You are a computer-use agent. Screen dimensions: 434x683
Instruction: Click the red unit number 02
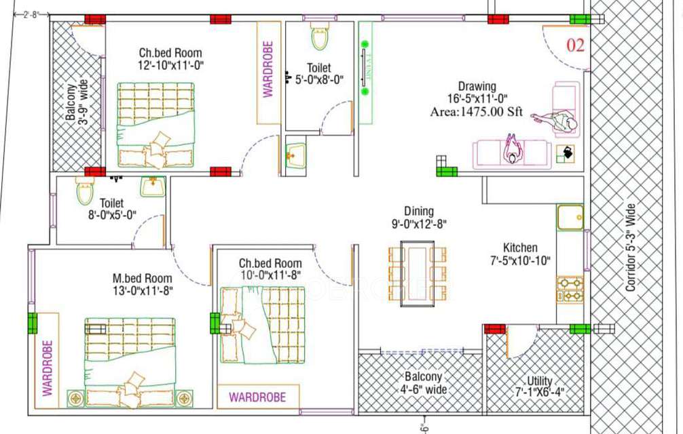coord(575,45)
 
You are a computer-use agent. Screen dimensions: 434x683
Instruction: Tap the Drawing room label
coord(477,87)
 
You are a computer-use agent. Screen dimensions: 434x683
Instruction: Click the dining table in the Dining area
coord(417,273)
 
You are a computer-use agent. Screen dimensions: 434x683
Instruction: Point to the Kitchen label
coord(520,248)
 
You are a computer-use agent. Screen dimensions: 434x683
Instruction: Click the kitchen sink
coord(570,218)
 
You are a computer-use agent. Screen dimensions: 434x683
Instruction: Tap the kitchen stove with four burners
coord(570,289)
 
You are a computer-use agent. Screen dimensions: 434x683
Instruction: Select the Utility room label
coord(540,381)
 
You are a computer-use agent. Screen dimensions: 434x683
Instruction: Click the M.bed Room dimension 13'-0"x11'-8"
coord(143,291)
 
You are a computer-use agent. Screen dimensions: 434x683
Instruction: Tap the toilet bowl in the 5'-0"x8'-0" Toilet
coord(319,38)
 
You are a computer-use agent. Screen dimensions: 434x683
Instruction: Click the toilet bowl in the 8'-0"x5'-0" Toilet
coord(85,192)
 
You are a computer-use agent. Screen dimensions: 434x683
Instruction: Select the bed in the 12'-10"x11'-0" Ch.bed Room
coord(155,125)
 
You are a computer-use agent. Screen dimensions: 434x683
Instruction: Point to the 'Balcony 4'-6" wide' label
coord(425,382)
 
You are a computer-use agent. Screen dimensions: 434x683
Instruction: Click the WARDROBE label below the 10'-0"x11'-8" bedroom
coord(257,396)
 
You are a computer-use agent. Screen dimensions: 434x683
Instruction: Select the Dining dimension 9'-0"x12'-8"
coord(419,223)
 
